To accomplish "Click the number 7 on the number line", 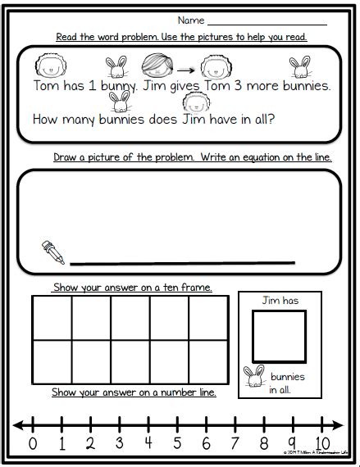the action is point(235,444).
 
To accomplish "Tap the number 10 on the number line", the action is point(321,444).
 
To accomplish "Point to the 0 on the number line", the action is point(33,444).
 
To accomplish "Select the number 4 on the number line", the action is point(148,444).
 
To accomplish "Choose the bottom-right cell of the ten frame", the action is point(208,360).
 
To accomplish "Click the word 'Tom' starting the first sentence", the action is point(48,85).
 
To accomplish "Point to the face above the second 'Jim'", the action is point(195,102).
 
